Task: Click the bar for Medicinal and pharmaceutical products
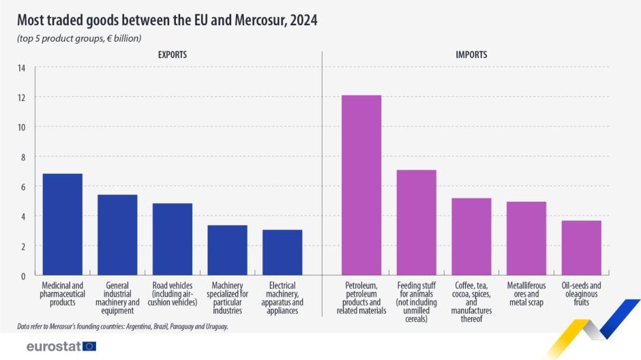[x=63, y=224]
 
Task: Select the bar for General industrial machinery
[x=117, y=235]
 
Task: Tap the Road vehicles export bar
[x=173, y=239]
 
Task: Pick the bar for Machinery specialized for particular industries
[x=227, y=250]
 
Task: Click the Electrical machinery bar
[x=282, y=252]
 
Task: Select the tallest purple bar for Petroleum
[x=361, y=185]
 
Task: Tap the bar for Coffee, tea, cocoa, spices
[x=472, y=237]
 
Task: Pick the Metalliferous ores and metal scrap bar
[x=526, y=238]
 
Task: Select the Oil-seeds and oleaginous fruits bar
[x=582, y=247]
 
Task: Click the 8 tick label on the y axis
[x=23, y=157]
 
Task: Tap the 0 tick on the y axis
[x=23, y=275]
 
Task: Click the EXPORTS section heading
[x=173, y=54]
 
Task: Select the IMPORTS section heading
[x=472, y=54]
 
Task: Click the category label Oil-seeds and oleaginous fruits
[x=582, y=294]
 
